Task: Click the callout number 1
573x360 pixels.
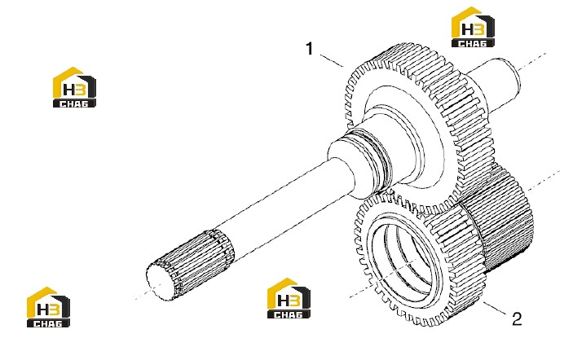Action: (x=310, y=49)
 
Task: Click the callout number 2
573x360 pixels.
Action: (x=517, y=318)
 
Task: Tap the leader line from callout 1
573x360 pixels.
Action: (x=332, y=60)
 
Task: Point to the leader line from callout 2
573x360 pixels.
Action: (x=496, y=309)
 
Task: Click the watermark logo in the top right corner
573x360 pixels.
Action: (x=473, y=27)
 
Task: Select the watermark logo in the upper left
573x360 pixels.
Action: (x=74, y=87)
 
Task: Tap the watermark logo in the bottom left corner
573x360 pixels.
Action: (x=48, y=307)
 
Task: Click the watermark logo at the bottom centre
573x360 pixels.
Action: (x=289, y=298)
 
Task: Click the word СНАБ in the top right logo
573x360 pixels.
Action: (x=473, y=43)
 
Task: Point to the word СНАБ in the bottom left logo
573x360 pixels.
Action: (x=48, y=323)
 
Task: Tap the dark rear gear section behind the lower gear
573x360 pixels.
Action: (x=505, y=219)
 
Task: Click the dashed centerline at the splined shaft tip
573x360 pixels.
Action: (x=142, y=296)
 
